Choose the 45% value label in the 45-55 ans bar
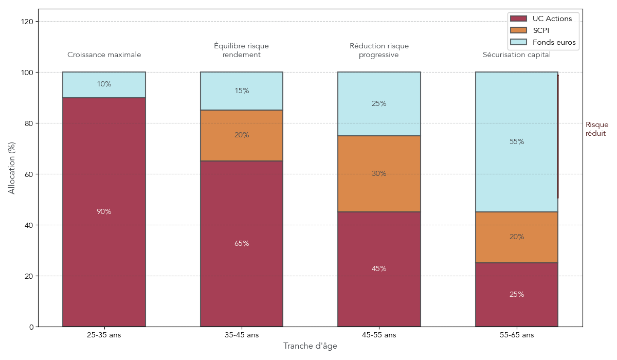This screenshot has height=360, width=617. point(379,269)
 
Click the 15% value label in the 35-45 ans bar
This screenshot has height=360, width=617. point(242,91)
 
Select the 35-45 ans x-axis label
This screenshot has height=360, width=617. point(242,335)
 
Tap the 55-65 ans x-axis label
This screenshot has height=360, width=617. point(516,335)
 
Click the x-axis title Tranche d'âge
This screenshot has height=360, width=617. point(310,347)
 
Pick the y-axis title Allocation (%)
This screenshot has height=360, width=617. point(12,168)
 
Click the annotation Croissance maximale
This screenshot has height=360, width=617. point(104,55)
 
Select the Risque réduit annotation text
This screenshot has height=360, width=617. point(596,129)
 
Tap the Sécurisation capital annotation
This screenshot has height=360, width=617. point(516,55)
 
